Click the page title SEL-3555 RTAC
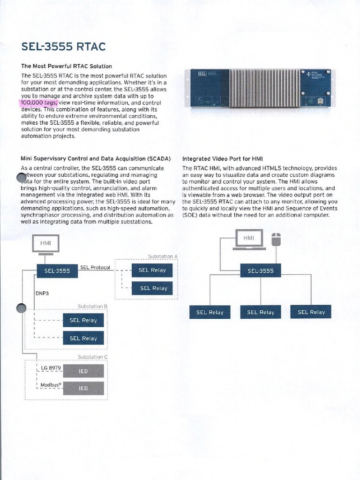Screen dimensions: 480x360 (x=63, y=47)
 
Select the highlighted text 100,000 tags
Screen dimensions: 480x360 (x=39, y=103)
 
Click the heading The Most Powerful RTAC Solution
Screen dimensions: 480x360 (x=67, y=66)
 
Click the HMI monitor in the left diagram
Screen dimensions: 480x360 (x=45, y=244)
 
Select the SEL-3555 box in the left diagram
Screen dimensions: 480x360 (x=57, y=270)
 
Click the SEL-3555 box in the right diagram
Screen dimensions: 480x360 (x=260, y=270)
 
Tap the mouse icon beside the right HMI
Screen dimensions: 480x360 (x=276, y=239)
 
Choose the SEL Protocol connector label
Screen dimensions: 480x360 (x=95, y=268)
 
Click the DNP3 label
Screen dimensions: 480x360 (x=42, y=293)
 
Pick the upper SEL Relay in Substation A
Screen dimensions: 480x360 (x=152, y=270)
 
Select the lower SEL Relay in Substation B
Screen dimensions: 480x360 (x=83, y=338)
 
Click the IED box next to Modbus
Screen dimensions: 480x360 (x=83, y=388)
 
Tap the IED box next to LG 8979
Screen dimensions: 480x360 (x=83, y=371)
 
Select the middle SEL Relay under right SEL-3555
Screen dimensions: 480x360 (x=260, y=312)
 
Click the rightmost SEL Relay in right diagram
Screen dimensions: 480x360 (x=311, y=312)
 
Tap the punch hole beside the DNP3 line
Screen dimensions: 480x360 (x=22, y=307)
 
